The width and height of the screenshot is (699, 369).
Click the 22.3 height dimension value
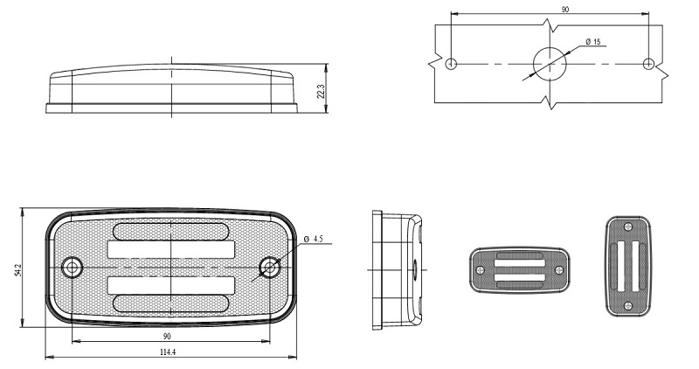click(321, 91)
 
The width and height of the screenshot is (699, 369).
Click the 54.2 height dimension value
click(17, 270)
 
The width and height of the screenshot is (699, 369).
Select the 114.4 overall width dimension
click(168, 352)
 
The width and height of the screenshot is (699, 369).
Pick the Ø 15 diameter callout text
click(593, 42)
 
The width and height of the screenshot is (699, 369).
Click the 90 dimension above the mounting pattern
click(564, 10)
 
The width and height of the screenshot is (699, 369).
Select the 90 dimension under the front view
click(167, 337)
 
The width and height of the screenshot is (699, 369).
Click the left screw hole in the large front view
click(72, 268)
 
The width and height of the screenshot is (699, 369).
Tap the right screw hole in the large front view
click(270, 268)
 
